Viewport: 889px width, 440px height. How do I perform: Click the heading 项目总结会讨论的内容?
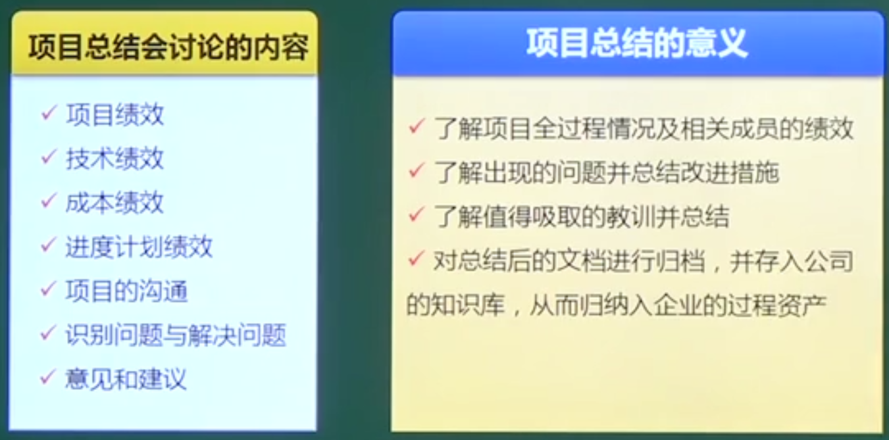(168, 48)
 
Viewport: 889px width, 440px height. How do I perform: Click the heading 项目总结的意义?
(636, 45)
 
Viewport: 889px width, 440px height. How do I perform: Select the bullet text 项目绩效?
(114, 114)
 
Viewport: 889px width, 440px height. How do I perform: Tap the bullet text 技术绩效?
(114, 159)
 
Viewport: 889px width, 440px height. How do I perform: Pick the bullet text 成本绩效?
(114, 203)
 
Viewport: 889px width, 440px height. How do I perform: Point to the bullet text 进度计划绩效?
(139, 247)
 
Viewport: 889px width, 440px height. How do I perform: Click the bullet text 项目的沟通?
(126, 291)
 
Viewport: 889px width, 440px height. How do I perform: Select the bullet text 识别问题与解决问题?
(176, 335)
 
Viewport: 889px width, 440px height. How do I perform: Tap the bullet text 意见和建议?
(126, 379)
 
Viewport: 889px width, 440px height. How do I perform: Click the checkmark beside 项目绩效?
(49, 113)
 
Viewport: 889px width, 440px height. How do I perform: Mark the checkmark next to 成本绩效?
(49, 201)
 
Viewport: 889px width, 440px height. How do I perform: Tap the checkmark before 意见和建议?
(49, 378)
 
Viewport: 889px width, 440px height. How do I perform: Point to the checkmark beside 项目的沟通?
(49, 289)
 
